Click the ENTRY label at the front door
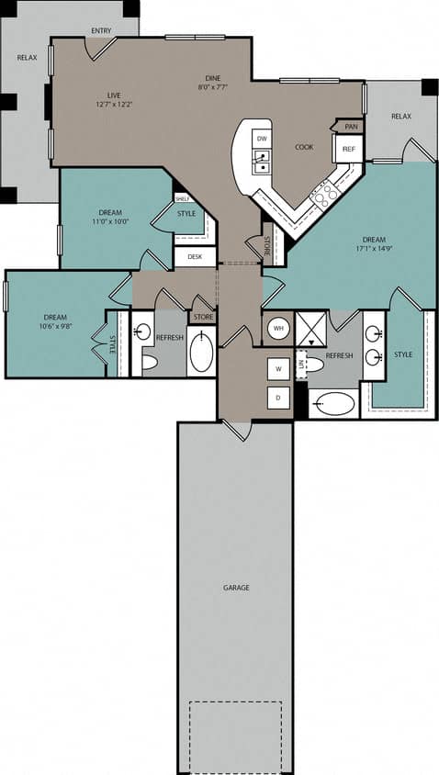pos(101,30)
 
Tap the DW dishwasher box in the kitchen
pos(262,139)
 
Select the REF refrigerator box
pos(348,149)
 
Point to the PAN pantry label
pos(350,126)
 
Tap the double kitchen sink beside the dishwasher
pos(262,163)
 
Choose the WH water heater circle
pos(278,328)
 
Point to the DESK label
pos(194,257)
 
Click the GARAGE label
pos(235,588)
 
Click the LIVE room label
pos(115,95)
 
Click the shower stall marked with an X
pos(311,328)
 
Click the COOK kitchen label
pos(304,147)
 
